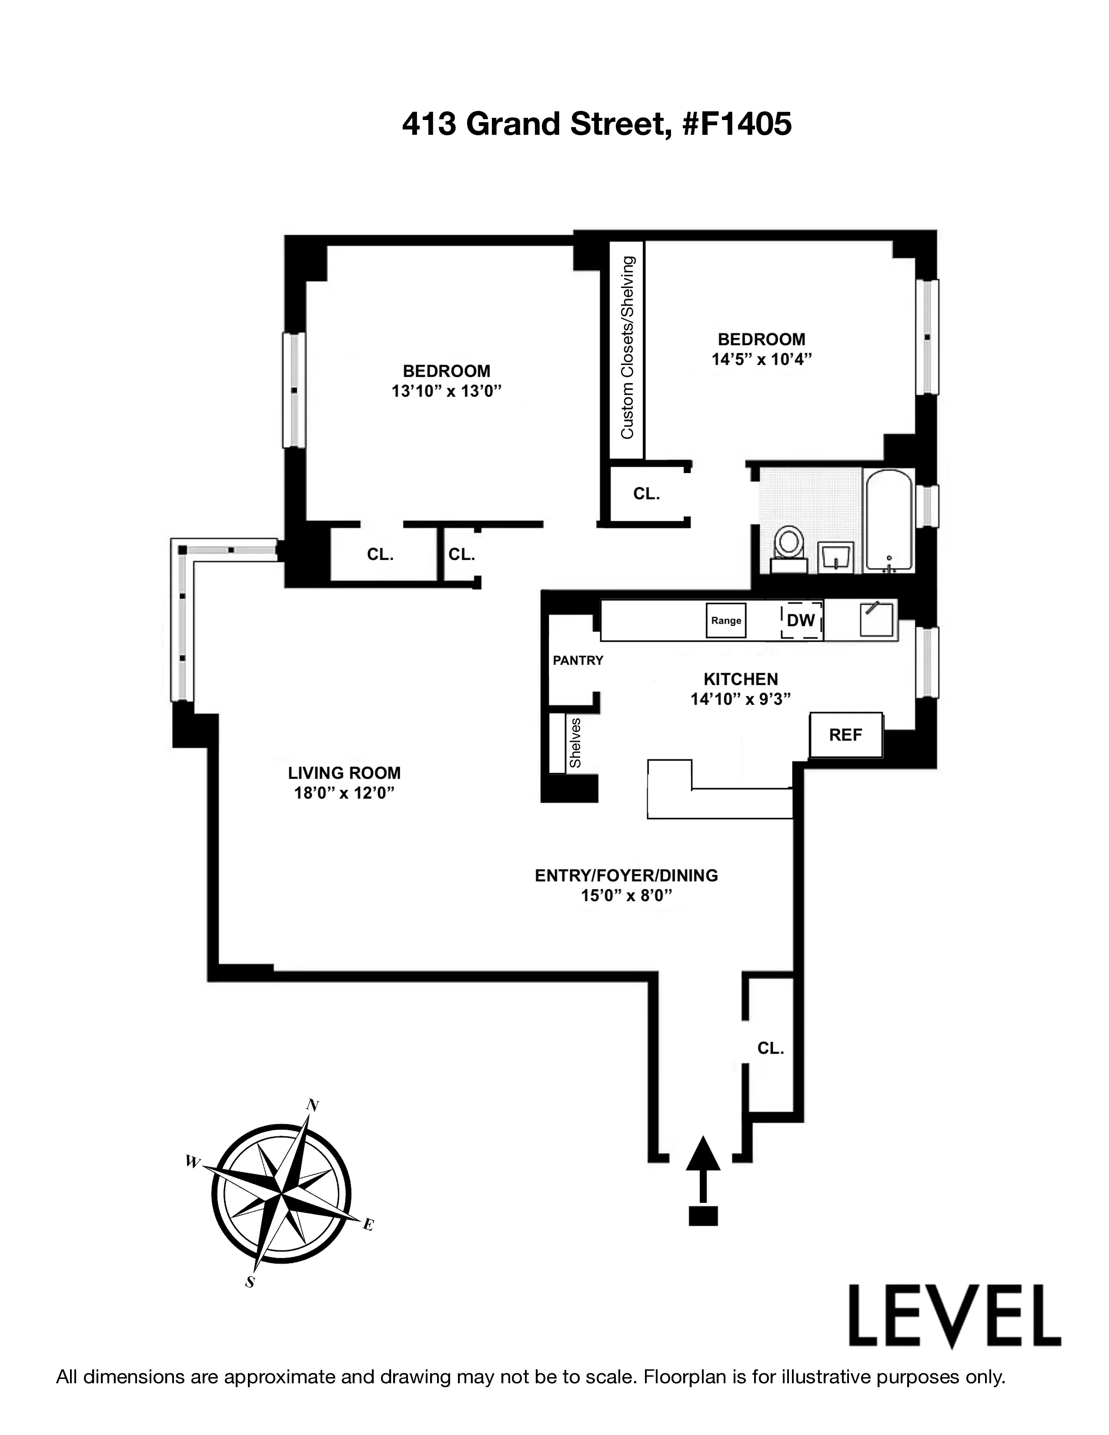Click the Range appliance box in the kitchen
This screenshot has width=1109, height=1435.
pos(726,620)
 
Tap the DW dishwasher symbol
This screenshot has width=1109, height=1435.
pos(801,620)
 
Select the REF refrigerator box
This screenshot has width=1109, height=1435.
pos(845,734)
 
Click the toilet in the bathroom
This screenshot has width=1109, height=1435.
pos(789,548)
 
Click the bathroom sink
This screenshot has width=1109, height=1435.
pos(836,558)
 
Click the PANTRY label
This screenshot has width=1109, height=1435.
pos(578,661)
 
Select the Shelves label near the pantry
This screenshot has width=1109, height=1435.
pos(575,743)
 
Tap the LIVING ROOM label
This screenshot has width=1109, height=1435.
pos(344,773)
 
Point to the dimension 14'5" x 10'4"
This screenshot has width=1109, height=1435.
pos(762,360)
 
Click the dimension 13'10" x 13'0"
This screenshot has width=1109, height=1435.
pos(447,391)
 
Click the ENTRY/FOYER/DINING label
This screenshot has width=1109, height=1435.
pos(626,875)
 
